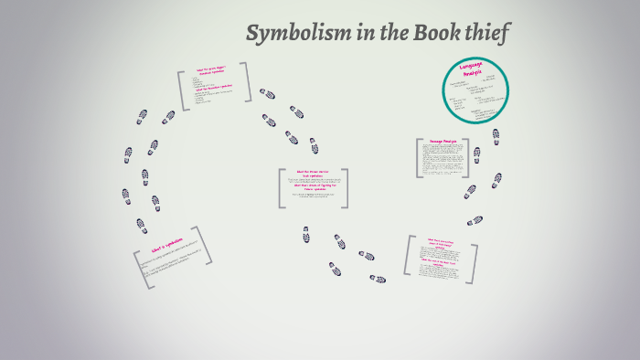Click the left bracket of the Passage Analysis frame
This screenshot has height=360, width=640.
pos(418,158)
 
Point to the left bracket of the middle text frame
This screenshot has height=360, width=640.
pos(281,187)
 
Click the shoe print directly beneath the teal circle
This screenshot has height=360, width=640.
pos(495,135)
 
